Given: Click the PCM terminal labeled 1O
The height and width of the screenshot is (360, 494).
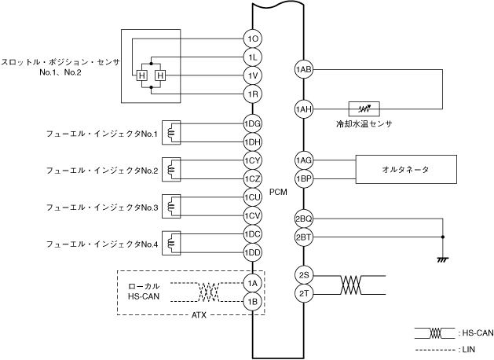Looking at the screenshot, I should pyautogui.click(x=252, y=39).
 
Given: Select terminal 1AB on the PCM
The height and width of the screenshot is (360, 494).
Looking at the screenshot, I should pyautogui.click(x=304, y=71).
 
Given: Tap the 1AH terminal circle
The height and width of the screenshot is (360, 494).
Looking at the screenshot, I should pyautogui.click(x=304, y=109).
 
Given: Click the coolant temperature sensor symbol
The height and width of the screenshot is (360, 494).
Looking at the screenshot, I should pyautogui.click(x=364, y=109).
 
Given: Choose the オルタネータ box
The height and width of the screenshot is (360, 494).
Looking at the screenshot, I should pyautogui.click(x=405, y=169).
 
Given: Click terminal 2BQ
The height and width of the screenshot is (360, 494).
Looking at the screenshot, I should pyautogui.click(x=304, y=219).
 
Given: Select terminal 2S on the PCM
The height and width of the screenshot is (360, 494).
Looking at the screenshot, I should pyautogui.click(x=304, y=275).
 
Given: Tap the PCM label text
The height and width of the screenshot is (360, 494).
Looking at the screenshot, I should pyautogui.click(x=277, y=193).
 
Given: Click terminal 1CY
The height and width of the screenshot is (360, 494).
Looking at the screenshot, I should pyautogui.click(x=252, y=160).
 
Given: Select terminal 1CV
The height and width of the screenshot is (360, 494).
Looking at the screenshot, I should pyautogui.click(x=252, y=215).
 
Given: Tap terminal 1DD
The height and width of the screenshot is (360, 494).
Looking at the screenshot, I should pyautogui.click(x=252, y=252).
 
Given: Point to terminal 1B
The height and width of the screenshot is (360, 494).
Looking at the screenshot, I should pyautogui.click(x=252, y=301).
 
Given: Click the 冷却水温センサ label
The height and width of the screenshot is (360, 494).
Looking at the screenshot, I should pyautogui.click(x=362, y=124).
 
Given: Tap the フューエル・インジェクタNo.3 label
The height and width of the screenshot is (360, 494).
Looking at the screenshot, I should pyautogui.click(x=102, y=207).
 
